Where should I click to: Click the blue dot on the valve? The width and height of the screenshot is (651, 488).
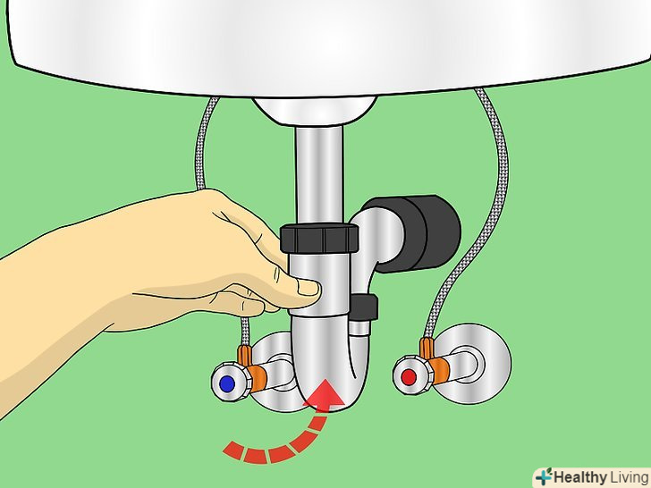pyautogui.click(x=226, y=383)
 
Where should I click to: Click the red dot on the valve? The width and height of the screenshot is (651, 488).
pyautogui.click(x=409, y=377)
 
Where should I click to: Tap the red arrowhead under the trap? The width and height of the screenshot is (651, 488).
pyautogui.click(x=325, y=392)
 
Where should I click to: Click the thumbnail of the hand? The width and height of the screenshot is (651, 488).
pyautogui.click(x=308, y=287)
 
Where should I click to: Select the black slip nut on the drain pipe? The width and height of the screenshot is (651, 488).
pyautogui.click(x=319, y=239)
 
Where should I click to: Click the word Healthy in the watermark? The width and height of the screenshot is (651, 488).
pyautogui.click(x=580, y=477)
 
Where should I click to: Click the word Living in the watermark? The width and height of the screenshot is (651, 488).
pyautogui.click(x=629, y=477)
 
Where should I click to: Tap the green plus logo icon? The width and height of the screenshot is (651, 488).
pyautogui.click(x=544, y=476)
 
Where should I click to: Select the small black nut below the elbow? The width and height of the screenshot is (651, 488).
pyautogui.click(x=364, y=307)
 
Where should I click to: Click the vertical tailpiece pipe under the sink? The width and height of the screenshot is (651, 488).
pyautogui.click(x=319, y=174)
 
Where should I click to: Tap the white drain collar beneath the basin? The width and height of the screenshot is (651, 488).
pyautogui.click(x=315, y=111)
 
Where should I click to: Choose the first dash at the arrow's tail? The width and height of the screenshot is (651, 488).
pyautogui.click(x=233, y=450)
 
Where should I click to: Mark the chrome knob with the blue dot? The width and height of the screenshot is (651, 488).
pyautogui.click(x=232, y=383)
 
